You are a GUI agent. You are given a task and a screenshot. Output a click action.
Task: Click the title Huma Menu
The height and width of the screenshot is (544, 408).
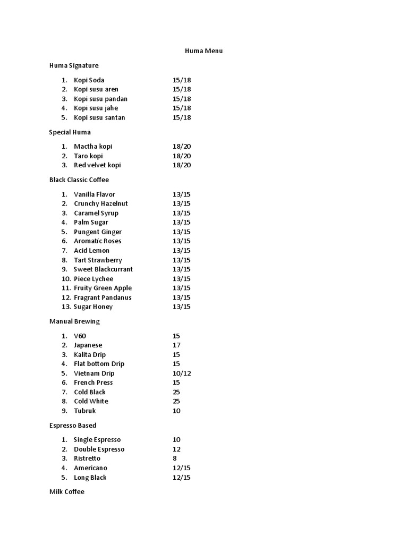[203, 51]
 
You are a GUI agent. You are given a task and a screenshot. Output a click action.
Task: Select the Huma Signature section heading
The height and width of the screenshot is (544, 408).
[74, 65]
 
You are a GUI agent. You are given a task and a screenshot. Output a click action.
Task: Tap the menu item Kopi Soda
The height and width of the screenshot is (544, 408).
[89, 80]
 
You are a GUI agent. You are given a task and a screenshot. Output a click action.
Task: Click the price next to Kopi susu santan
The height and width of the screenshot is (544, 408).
[182, 117]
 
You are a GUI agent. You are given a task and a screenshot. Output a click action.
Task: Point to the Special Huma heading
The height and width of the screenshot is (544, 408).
[70, 132]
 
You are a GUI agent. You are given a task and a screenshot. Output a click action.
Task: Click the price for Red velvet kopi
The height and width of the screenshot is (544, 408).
[182, 165]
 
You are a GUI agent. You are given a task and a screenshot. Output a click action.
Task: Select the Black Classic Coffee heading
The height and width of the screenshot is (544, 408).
[79, 180]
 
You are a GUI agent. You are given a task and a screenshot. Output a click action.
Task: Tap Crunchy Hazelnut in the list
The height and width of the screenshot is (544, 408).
[100, 203]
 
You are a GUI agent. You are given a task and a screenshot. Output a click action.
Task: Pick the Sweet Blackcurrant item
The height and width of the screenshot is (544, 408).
[103, 269]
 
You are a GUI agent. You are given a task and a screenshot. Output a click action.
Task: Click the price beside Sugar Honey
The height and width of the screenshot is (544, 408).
[182, 307]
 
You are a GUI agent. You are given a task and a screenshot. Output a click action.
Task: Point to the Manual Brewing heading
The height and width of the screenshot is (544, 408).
[74, 321]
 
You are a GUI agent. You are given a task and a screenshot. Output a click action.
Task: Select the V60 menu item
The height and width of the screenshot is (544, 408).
[80, 336]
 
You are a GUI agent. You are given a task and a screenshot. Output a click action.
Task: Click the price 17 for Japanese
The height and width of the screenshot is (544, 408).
[176, 345]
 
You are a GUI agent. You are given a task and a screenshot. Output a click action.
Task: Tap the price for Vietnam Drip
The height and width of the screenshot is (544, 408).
[182, 373]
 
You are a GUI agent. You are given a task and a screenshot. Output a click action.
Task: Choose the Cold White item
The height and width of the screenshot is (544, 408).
[91, 401]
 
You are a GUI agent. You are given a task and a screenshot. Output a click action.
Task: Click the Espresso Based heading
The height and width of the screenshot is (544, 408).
[73, 426]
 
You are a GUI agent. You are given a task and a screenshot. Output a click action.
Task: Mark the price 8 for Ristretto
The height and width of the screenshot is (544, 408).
[175, 458]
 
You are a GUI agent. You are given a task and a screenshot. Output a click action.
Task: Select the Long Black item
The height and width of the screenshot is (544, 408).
[90, 478]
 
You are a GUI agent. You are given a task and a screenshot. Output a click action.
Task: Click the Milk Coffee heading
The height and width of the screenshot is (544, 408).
[66, 492]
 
